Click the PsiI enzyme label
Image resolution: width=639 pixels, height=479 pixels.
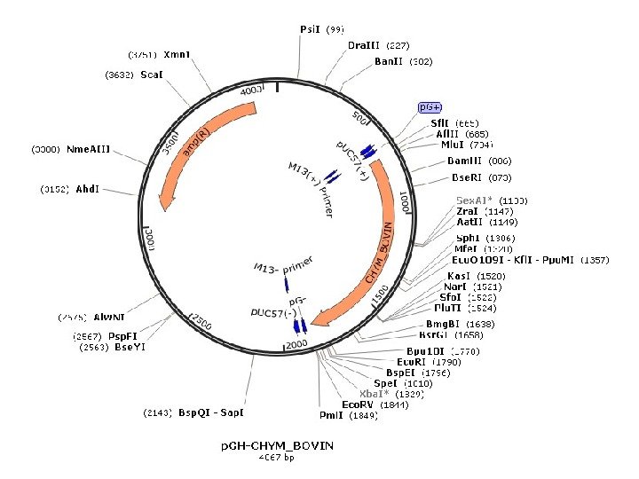[x=310, y=29]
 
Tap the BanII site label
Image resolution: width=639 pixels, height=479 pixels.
[x=390, y=62]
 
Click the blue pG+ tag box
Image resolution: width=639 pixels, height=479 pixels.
[x=430, y=107]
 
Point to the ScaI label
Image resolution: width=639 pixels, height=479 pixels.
[x=150, y=75]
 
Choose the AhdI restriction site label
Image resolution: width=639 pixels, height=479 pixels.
[x=87, y=189]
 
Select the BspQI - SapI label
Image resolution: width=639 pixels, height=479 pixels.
[x=210, y=412]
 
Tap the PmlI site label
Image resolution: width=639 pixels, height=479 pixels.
[x=331, y=415]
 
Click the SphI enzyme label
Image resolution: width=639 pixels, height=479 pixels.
[x=468, y=239]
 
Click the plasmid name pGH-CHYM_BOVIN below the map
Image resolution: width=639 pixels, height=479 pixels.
[x=278, y=445]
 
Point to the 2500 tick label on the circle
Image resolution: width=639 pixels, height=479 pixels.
[x=203, y=325]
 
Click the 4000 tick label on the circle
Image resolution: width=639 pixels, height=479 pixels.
[x=252, y=91]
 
